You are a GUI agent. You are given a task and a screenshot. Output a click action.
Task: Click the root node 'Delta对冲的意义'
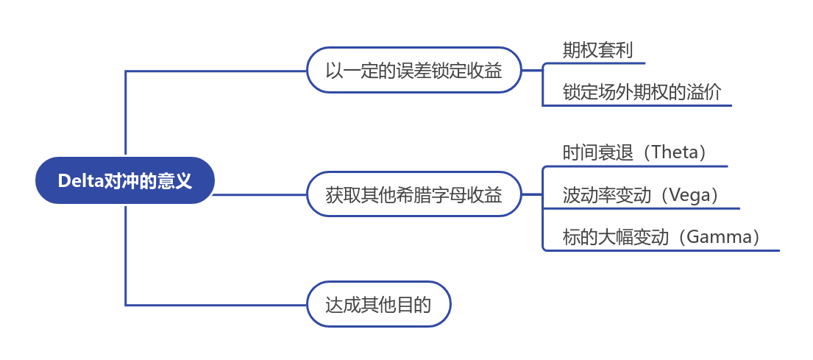125,180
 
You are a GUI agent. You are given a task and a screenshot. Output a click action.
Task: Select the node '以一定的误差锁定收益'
413,71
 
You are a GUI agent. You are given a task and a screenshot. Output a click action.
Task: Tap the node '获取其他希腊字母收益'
413,195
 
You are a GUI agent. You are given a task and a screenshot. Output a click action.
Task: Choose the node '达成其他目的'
378,304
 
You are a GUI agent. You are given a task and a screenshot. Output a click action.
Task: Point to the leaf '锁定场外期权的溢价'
642,92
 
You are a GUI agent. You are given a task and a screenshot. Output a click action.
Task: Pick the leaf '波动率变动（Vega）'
640,195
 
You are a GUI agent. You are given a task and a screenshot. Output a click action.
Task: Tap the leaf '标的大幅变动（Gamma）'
661,237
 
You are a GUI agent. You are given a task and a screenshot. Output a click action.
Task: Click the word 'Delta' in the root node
78,180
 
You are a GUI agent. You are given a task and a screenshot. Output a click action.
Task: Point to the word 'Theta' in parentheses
673,152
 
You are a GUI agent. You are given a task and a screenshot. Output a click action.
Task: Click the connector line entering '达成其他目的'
221,305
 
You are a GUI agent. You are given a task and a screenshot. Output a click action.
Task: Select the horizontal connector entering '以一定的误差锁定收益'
221,71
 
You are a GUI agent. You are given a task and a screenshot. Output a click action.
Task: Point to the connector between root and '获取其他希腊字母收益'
261,195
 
